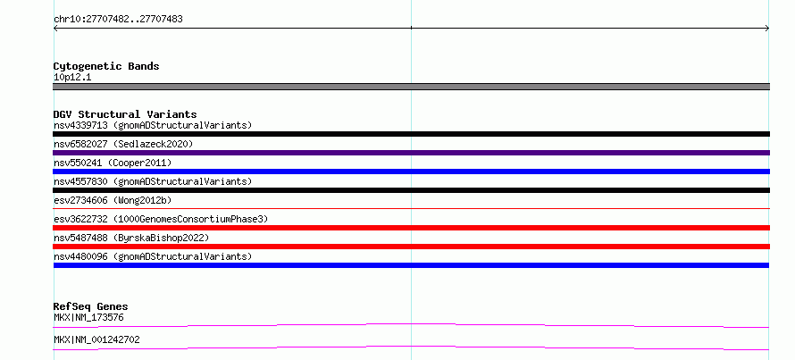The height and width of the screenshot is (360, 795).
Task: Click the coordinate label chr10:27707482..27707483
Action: pos(118,20)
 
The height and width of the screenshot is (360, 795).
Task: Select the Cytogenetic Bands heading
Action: pos(106,66)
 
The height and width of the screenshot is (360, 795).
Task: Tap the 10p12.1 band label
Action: pos(72,78)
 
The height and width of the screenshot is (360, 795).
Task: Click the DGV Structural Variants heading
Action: pos(125,114)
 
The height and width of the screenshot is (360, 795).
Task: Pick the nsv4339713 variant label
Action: pos(153,125)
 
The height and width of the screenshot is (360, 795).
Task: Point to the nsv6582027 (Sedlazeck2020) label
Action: pos(123,144)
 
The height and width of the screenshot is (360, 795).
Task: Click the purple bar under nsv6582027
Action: pos(411,153)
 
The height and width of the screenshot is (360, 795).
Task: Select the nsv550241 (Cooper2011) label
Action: pos(113,163)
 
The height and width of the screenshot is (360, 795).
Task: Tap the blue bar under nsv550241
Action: pos(411,172)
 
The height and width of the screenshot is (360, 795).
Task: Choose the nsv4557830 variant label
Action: pos(153,181)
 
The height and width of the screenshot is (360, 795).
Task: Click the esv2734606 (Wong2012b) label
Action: pos(113,200)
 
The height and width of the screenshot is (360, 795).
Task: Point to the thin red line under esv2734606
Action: pos(411,208)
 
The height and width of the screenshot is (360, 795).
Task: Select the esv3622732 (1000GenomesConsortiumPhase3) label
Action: pos(161,219)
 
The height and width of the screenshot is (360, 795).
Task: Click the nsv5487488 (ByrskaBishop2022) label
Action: pos(131,238)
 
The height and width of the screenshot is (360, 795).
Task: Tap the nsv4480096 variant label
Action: pos(153,256)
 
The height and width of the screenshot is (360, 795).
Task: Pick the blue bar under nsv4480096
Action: pos(411,265)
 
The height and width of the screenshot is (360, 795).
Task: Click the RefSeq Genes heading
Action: pos(91,306)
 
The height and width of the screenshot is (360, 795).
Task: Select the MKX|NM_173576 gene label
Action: pos(88,318)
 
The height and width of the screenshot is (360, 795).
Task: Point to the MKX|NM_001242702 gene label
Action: pos(96,339)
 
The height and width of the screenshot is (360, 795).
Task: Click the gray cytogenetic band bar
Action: pos(411,87)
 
